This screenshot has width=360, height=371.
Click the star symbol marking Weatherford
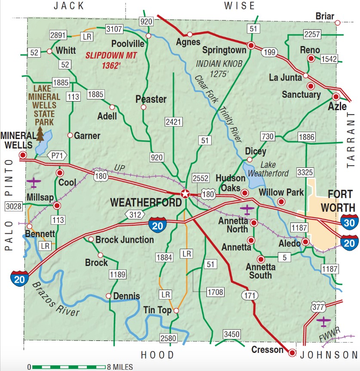[x=185, y=194]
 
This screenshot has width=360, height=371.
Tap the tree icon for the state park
[x=40, y=134]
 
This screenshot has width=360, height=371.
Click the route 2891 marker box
[x=58, y=35]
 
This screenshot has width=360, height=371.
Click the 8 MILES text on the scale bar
[x=120, y=367]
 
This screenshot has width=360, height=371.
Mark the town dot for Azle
[x=336, y=96]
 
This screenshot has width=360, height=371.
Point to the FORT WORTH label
[x=338, y=200]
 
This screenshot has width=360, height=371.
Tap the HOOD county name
[x=158, y=355]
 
